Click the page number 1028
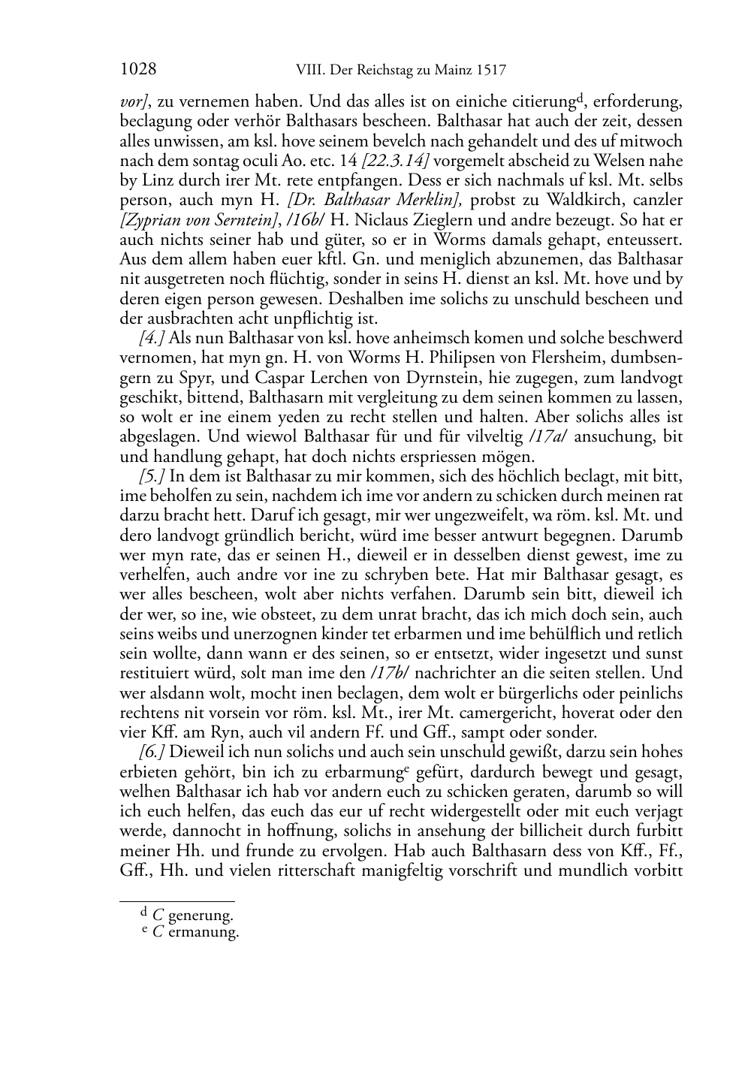click(138, 70)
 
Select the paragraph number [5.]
click(152, 475)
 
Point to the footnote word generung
click(201, 916)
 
